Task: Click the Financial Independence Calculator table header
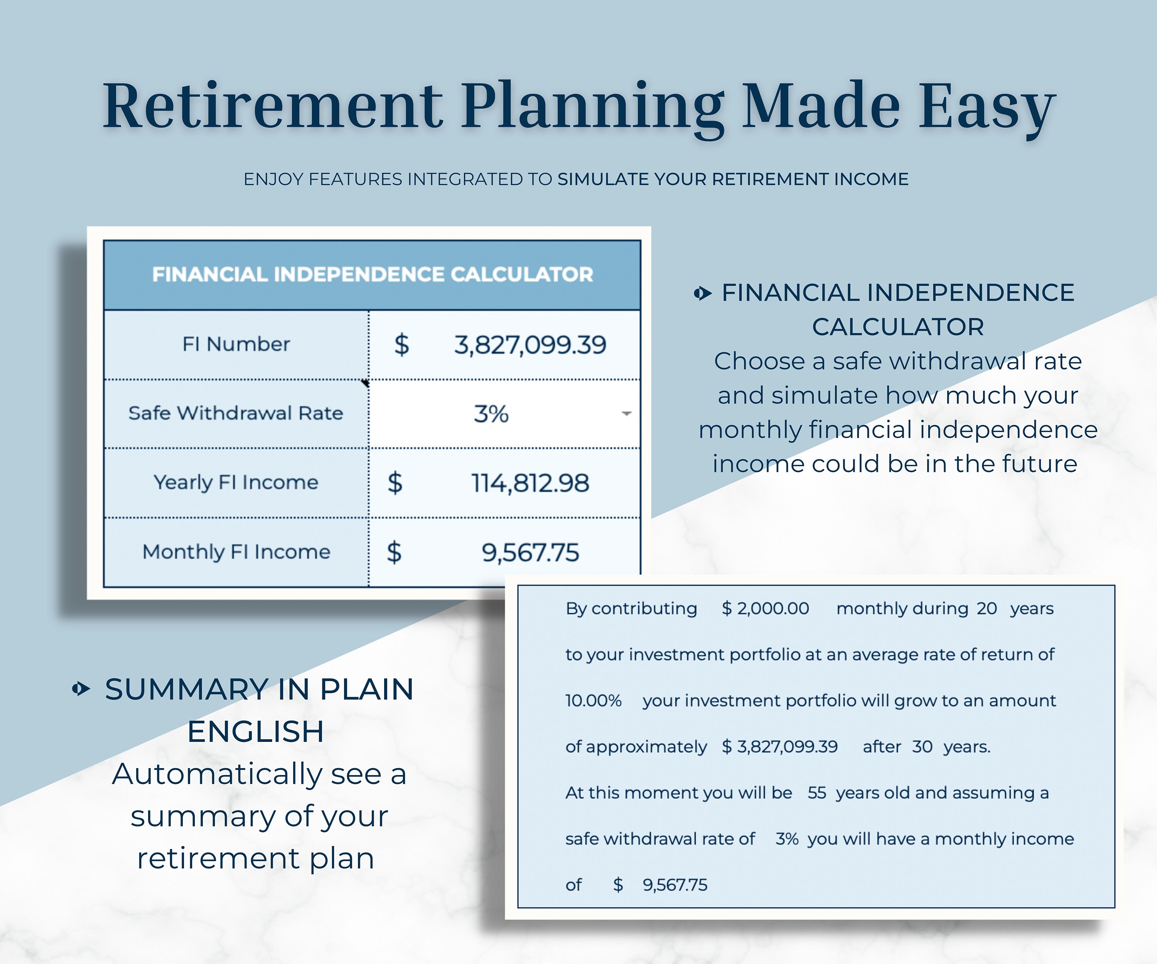pyautogui.click(x=373, y=274)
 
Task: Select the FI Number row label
pyautogui.click(x=236, y=344)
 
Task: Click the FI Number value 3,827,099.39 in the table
pyautogui.click(x=530, y=345)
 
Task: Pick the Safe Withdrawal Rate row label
pyautogui.click(x=236, y=413)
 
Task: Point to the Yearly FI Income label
pyautogui.click(x=236, y=482)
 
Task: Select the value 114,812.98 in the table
pyautogui.click(x=530, y=483)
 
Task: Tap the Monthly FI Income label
pyautogui.click(x=236, y=552)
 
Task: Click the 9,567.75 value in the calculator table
pyautogui.click(x=530, y=553)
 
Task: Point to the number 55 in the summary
pyautogui.click(x=816, y=793)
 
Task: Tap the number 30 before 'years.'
pyautogui.click(x=922, y=747)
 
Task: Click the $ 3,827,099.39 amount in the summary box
pyautogui.click(x=779, y=747)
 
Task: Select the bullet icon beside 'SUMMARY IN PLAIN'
pyautogui.click(x=81, y=689)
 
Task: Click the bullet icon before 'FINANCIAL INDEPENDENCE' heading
pyautogui.click(x=702, y=293)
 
